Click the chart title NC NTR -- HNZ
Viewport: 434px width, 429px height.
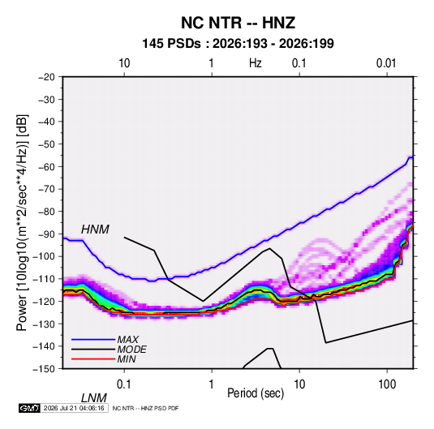[238, 23]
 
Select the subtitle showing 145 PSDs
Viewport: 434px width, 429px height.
[238, 44]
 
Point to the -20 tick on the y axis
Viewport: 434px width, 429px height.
[46, 77]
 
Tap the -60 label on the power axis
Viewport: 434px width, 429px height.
[46, 166]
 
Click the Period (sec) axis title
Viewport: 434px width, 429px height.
[256, 393]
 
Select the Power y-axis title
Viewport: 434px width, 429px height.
[22, 222]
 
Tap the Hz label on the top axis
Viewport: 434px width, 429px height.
[256, 63]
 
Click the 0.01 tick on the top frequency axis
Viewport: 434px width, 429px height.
[386, 63]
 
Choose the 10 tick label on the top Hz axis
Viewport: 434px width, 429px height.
[124, 63]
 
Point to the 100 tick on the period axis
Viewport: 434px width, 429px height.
[387, 384]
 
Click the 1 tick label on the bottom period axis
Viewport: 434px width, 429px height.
[212, 384]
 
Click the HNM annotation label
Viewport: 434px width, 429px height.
[95, 230]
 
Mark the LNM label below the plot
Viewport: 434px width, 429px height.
[93, 398]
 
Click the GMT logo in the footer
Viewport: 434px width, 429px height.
[30, 408]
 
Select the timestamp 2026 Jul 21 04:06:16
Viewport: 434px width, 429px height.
[74, 408]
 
